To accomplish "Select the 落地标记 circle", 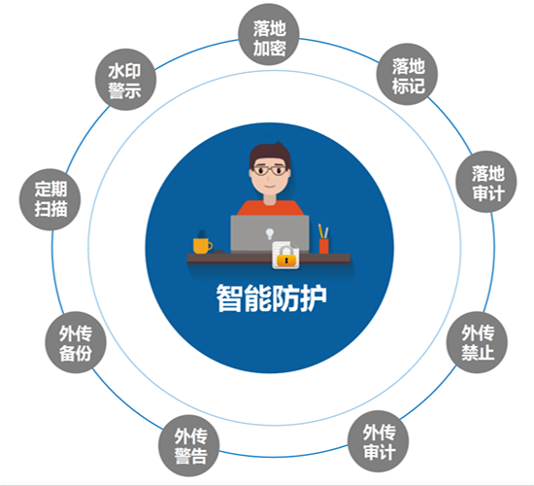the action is click(x=407, y=74).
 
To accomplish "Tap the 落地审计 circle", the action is click(x=486, y=182).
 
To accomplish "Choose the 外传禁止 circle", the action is click(x=477, y=342).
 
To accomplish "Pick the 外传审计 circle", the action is click(x=378, y=441).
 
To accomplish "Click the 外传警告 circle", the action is click(x=189, y=446).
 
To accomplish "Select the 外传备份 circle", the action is click(x=76, y=342).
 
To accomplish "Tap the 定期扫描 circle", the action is click(x=50, y=199).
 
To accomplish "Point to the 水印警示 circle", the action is click(x=125, y=80).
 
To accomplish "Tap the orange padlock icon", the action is click(x=286, y=259).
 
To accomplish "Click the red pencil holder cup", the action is click(x=324, y=246).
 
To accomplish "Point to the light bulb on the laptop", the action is click(x=270, y=234).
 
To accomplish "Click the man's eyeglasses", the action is click(x=270, y=170).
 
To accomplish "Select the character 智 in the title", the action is click(x=229, y=297).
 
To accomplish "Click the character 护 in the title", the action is click(x=314, y=297).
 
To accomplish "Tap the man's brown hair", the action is click(x=269, y=155).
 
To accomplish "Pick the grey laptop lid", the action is click(x=270, y=233).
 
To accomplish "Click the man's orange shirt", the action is click(x=270, y=208).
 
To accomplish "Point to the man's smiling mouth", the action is click(x=270, y=187).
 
